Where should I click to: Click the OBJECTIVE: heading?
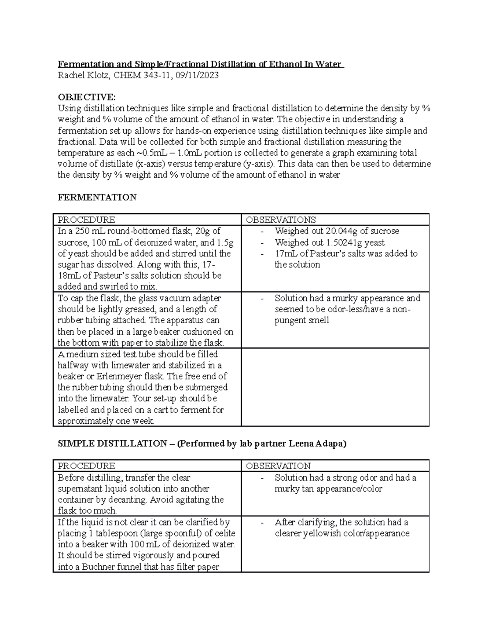pyautogui.click(x=87, y=97)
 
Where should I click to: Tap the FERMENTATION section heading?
pyautogui.click(x=97, y=198)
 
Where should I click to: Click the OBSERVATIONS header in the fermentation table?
pyautogui.click(x=281, y=220)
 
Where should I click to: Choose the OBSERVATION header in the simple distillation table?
pyautogui.click(x=278, y=466)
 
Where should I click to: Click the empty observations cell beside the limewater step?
pyautogui.click(x=335, y=387)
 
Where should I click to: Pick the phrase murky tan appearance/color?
pyautogui.click(x=328, y=489)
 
